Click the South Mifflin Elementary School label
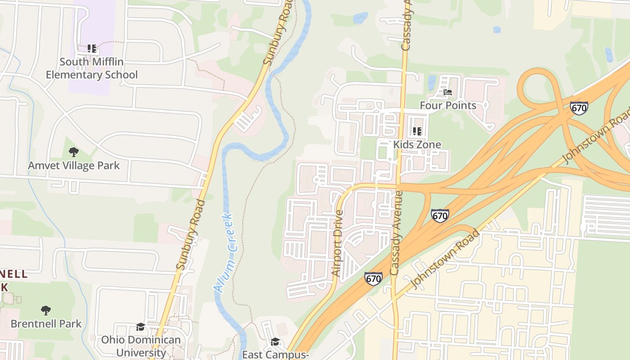92,68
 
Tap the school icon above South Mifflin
92,48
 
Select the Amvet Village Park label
74,166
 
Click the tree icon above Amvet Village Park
74,152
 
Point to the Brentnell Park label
46,324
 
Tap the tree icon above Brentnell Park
45,310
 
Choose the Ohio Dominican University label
141,346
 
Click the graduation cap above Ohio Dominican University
141,326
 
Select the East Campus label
275,355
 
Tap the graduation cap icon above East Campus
275,342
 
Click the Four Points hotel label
448,105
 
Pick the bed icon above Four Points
448,92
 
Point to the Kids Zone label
417,144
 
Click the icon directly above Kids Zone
417,131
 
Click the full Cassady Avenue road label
396,233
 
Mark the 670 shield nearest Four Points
579,108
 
